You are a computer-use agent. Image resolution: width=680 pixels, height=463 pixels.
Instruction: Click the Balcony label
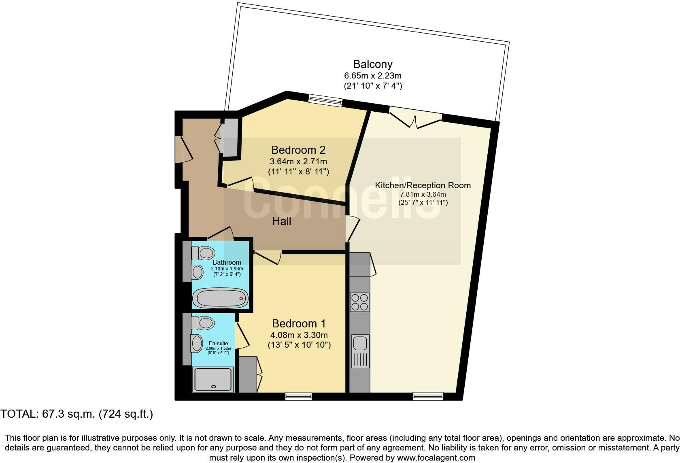(373, 64)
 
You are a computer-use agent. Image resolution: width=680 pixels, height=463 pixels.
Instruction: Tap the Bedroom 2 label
(298, 150)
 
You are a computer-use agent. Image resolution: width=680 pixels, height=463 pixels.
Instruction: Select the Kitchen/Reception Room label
(423, 185)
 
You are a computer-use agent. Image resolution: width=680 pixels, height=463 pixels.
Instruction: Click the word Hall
(282, 221)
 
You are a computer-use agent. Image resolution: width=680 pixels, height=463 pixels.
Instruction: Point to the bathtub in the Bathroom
(220, 299)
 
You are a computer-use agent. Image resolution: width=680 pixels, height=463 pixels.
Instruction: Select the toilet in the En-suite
(204, 323)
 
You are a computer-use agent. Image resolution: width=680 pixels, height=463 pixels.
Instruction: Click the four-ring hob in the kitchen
(359, 302)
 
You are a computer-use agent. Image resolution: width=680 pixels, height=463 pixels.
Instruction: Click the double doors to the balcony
(416, 118)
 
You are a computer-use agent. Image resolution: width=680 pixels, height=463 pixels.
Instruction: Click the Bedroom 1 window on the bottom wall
(298, 396)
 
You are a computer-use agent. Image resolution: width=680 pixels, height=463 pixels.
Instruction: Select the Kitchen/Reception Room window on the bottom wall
(428, 396)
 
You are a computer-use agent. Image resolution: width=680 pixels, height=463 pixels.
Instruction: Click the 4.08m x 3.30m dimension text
(299, 335)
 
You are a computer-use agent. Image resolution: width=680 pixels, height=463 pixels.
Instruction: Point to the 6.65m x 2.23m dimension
(373, 76)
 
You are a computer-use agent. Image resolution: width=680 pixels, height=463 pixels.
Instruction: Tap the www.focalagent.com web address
(436, 458)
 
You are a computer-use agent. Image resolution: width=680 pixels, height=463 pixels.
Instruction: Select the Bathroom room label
(227, 262)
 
